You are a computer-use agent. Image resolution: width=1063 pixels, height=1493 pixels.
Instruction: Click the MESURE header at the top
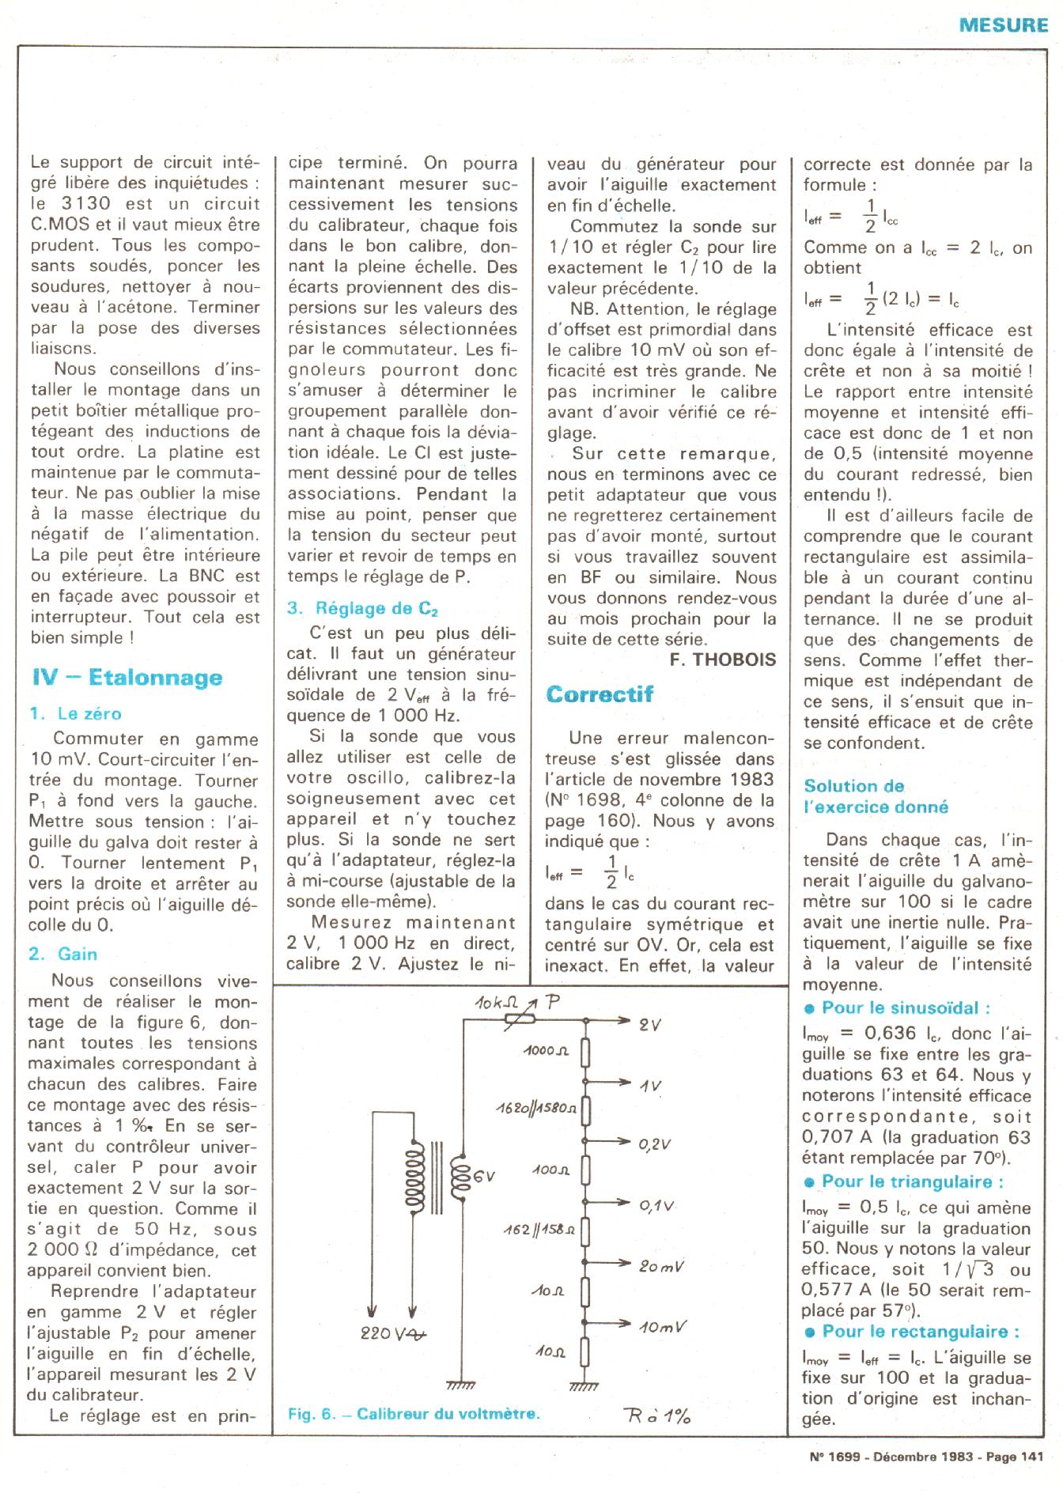pos(1003,24)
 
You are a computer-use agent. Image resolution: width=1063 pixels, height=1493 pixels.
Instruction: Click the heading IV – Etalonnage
pos(127,678)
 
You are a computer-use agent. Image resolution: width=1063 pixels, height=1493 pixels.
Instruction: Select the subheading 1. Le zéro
pos(75,713)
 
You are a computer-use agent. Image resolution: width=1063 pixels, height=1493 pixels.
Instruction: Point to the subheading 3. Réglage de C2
pos(362,608)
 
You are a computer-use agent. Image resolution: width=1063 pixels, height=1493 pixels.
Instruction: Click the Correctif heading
pos(600,694)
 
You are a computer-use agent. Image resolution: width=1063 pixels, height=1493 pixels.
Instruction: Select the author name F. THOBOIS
pos(723,660)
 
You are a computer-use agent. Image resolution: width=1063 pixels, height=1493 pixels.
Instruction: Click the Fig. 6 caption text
pos(414,1413)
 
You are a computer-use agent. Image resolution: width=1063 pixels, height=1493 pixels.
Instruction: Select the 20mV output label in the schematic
pos(661,1266)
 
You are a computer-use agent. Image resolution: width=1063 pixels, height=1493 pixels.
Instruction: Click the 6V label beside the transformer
pos(484,1176)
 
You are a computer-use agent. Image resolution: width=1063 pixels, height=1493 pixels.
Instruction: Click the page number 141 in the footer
pos(1031,1456)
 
